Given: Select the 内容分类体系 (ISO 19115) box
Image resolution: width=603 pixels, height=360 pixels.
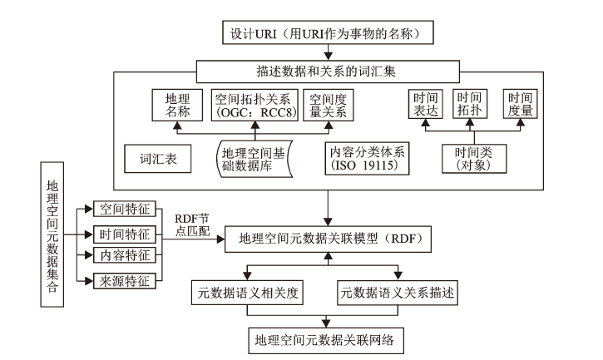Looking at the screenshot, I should coord(363,155).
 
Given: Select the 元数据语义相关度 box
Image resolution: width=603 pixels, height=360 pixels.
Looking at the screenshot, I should coord(255,292).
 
